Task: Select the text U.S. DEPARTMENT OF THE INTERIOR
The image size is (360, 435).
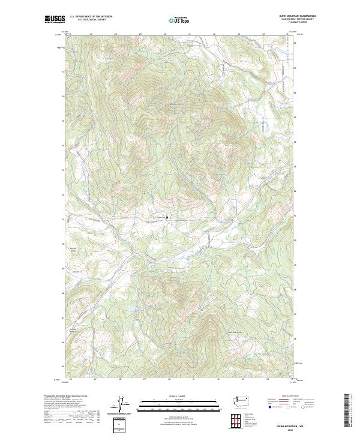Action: coord(91,17)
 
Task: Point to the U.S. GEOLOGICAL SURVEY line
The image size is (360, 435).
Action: coord(91,20)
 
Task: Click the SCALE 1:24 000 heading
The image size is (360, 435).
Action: coord(178,397)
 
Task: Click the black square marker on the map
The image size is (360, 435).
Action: coord(167,217)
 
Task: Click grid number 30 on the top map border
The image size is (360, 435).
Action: coord(165,34)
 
